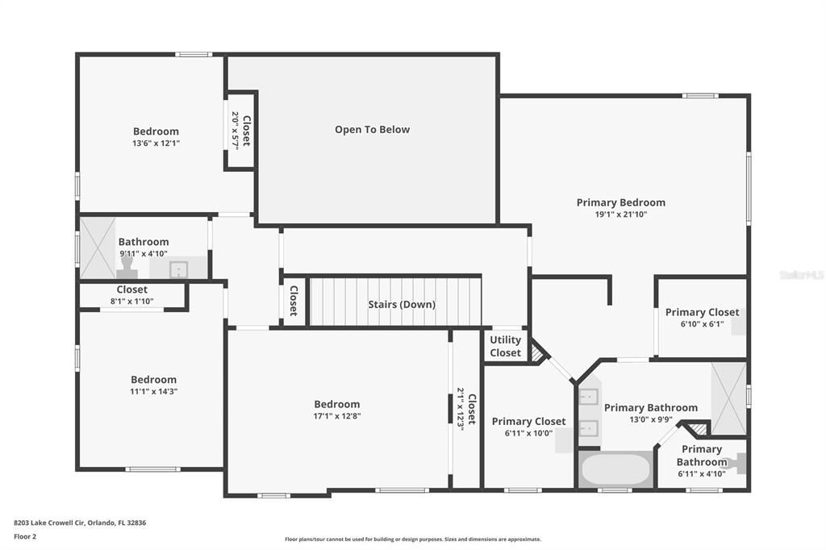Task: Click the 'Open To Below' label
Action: (x=372, y=129)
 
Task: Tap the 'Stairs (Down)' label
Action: (x=402, y=304)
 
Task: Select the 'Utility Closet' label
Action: (x=506, y=346)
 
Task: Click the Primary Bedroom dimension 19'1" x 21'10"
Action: (x=620, y=215)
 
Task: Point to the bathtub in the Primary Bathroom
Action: (x=615, y=469)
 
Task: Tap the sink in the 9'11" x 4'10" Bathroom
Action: (x=179, y=269)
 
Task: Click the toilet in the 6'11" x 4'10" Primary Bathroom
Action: (x=735, y=463)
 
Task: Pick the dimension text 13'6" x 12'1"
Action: (x=156, y=144)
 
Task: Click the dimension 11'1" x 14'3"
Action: (x=153, y=392)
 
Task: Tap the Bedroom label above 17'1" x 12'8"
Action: (x=336, y=404)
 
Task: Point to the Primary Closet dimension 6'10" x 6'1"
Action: (x=701, y=324)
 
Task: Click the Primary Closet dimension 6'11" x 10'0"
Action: (x=528, y=433)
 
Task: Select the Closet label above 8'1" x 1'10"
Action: (x=131, y=290)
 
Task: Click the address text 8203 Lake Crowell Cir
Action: (x=80, y=523)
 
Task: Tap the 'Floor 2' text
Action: (x=25, y=536)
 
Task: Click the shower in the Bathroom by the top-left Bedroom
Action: (x=98, y=248)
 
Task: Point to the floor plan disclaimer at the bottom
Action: (x=412, y=540)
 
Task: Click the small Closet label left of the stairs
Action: (x=294, y=301)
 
